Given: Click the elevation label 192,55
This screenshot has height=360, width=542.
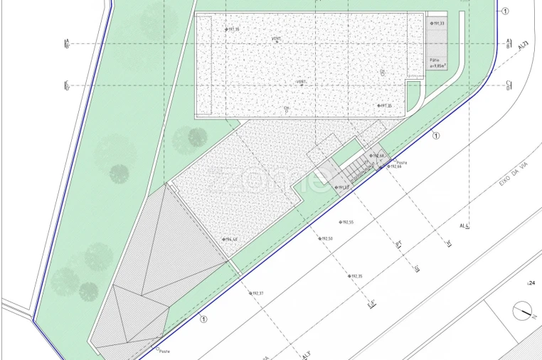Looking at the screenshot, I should click(x=347, y=222).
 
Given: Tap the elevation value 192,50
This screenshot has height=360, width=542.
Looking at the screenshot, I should click(x=326, y=238).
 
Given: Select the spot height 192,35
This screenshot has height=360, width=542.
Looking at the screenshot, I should click(x=356, y=276).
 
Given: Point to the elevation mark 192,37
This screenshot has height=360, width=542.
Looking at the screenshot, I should click(x=257, y=293).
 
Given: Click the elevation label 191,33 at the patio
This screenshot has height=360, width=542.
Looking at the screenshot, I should click(x=437, y=24).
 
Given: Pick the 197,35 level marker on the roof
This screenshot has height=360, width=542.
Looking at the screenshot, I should click(x=386, y=106).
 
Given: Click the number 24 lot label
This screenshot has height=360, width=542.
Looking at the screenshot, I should click(x=531, y=283).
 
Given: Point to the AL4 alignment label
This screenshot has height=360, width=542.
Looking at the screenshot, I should click(x=466, y=226).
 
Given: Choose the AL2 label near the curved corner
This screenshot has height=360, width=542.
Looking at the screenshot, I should click(x=524, y=45).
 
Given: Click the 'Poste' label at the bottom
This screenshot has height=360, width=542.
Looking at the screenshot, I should click(x=164, y=351).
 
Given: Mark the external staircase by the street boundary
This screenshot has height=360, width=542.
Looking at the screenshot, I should click(x=359, y=168).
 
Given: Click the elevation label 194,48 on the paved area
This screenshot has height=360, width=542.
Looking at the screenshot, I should click(x=229, y=240).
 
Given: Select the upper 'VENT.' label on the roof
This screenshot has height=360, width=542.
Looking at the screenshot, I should click(x=276, y=38).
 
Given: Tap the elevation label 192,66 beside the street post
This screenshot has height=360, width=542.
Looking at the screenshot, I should click(x=394, y=166).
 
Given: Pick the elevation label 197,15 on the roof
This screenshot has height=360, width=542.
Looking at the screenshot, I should click(x=232, y=29).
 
